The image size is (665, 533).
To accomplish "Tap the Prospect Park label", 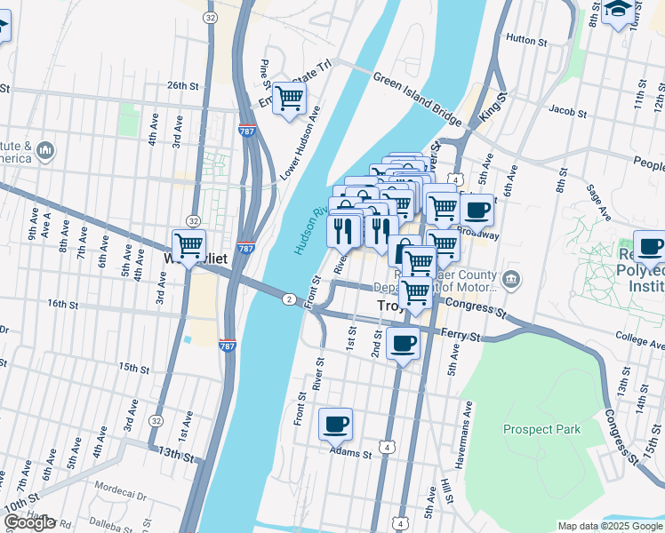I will (x=541, y=430).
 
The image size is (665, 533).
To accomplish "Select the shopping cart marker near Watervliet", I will (x=188, y=244).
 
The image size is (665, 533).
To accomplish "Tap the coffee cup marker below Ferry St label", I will (x=403, y=342).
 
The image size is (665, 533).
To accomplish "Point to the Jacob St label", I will (x=568, y=113).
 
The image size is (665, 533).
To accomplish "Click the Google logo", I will (x=29, y=522).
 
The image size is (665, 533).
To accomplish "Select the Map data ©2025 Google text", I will (x=610, y=526).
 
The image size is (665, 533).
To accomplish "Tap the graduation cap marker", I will (x=619, y=10).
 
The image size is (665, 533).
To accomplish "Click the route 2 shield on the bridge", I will (x=289, y=298).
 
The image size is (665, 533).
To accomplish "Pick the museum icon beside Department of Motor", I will (x=510, y=281).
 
